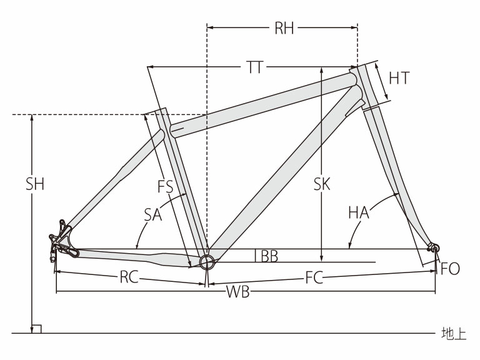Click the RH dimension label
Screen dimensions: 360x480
click(x=284, y=29)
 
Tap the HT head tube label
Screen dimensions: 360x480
click(x=399, y=78)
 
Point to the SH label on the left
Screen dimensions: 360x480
click(x=35, y=184)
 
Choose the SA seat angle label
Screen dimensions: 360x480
click(x=152, y=214)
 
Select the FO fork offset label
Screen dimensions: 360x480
click(x=450, y=269)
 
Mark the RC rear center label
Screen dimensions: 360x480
click(x=129, y=278)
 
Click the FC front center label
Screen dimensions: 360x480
click(x=314, y=278)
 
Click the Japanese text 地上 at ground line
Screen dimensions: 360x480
click(x=453, y=334)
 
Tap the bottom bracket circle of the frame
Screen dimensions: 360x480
click(x=206, y=259)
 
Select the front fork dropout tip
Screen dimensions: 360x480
click(x=433, y=248)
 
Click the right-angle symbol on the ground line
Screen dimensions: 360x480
click(x=36, y=329)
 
